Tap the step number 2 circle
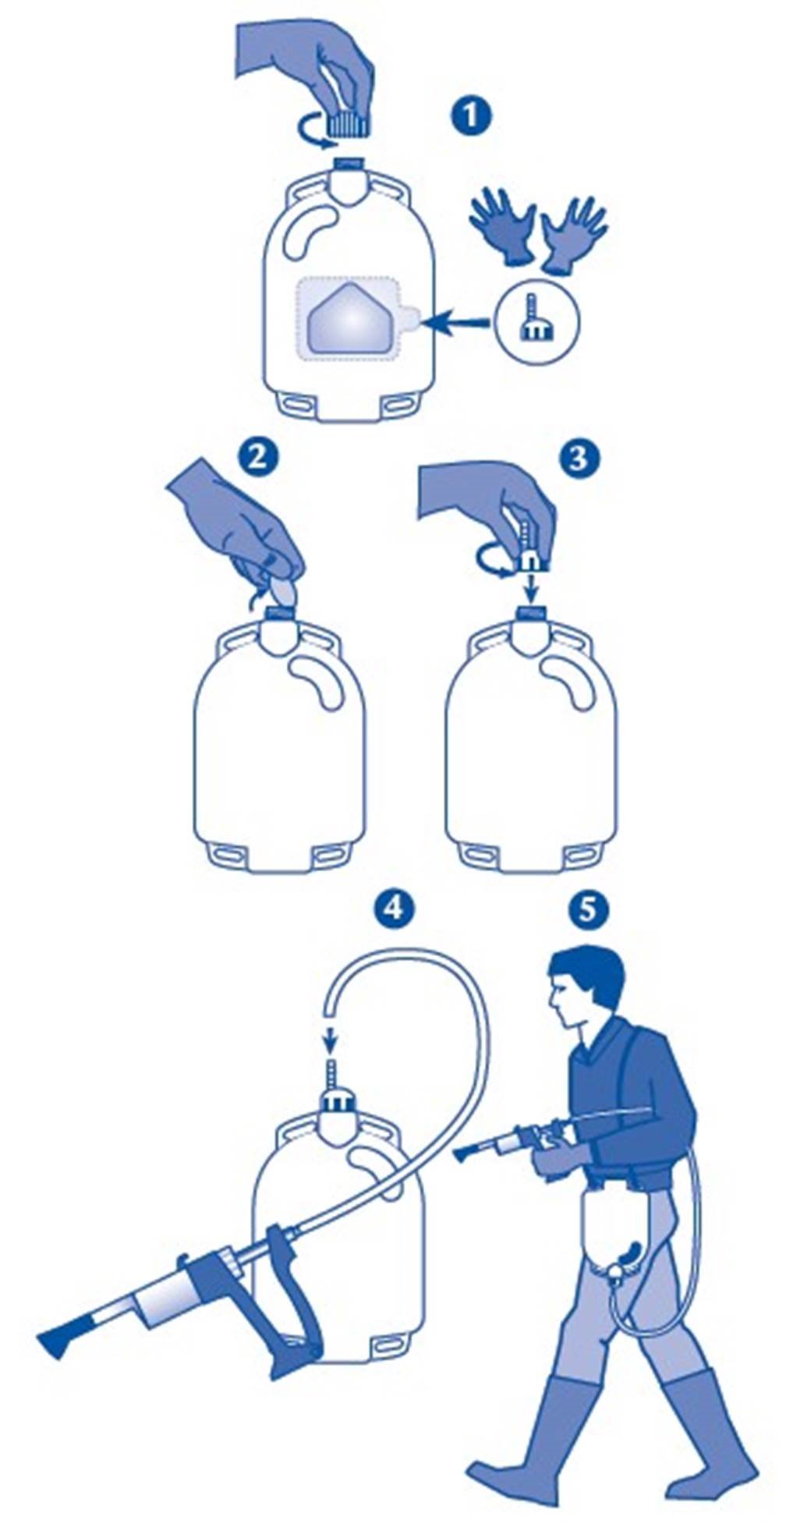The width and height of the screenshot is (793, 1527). tap(257, 457)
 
